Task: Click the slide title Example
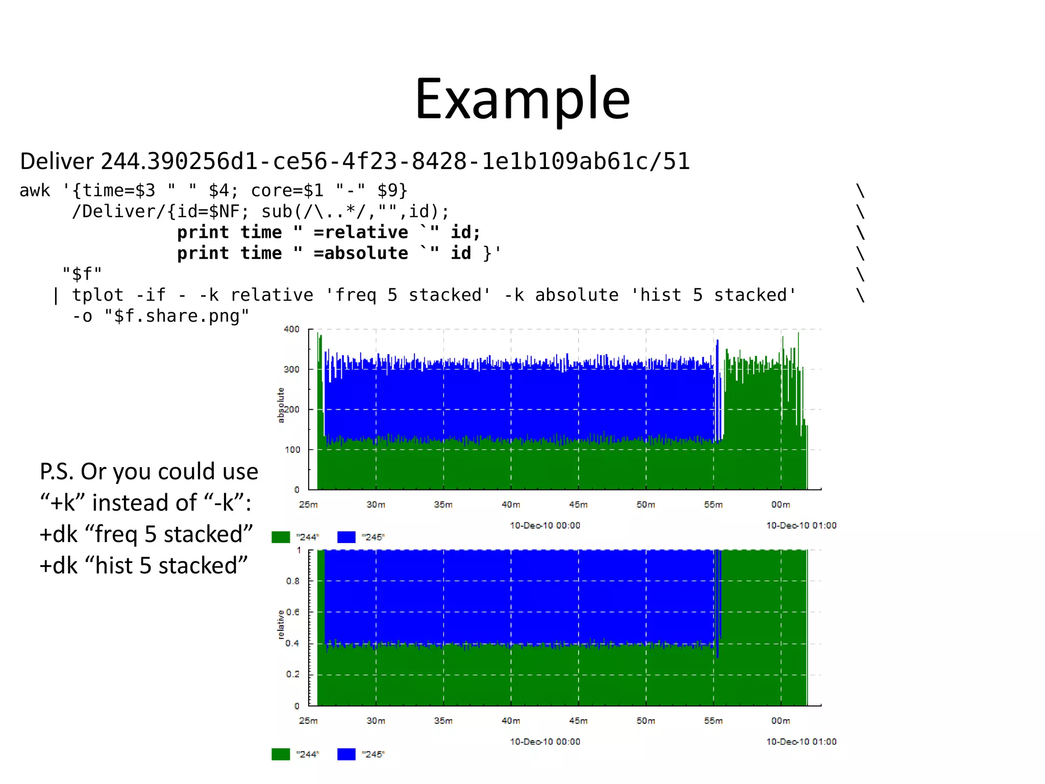pyautogui.click(x=522, y=100)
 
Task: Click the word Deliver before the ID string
pyautogui.click(x=57, y=161)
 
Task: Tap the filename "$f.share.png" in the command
pyautogui.click(x=177, y=316)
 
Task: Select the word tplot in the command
pyautogui.click(x=97, y=295)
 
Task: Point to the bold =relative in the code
pyautogui.click(x=361, y=232)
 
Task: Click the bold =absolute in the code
pyautogui.click(x=361, y=253)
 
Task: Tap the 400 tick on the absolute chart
pyautogui.click(x=291, y=329)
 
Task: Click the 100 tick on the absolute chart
pyautogui.click(x=292, y=450)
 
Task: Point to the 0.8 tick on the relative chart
pyautogui.click(x=293, y=581)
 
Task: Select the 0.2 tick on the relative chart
pyautogui.click(x=293, y=674)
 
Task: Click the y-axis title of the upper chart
pyautogui.click(x=281, y=405)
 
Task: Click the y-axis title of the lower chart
pyautogui.click(x=281, y=624)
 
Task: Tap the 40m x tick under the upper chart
pyautogui.click(x=511, y=505)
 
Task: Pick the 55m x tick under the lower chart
pyautogui.click(x=713, y=721)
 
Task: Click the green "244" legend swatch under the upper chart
pyautogui.click(x=281, y=537)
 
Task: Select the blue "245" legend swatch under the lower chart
pyautogui.click(x=346, y=754)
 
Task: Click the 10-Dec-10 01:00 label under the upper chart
pyautogui.click(x=801, y=525)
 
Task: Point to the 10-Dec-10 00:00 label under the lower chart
pyautogui.click(x=545, y=742)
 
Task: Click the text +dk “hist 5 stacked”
pyautogui.click(x=143, y=566)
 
